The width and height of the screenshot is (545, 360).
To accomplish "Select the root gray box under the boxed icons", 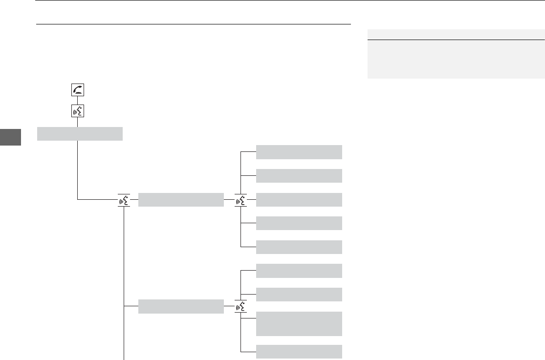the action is pyautogui.click(x=80, y=133).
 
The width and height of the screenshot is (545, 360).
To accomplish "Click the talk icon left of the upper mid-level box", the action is pyautogui.click(x=124, y=200).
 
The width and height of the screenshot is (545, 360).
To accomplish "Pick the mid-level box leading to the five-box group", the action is pyautogui.click(x=181, y=200).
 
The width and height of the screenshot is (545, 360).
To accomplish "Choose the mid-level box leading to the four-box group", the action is pyautogui.click(x=181, y=306).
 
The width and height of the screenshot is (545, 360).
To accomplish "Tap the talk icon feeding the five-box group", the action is pyautogui.click(x=241, y=200).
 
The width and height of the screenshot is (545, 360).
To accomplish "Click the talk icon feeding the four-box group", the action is pyautogui.click(x=241, y=306).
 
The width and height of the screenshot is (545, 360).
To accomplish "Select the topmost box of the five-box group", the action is pyautogui.click(x=299, y=152).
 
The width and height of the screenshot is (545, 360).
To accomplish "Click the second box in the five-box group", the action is pyautogui.click(x=299, y=176).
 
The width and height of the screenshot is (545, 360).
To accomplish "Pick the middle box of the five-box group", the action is pyautogui.click(x=299, y=200).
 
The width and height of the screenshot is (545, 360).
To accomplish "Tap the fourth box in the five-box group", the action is pyautogui.click(x=299, y=223).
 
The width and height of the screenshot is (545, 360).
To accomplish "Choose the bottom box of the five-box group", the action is pyautogui.click(x=299, y=247).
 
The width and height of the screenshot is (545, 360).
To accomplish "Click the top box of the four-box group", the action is pyautogui.click(x=299, y=271).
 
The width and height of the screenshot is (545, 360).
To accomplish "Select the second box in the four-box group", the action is pyautogui.click(x=299, y=295).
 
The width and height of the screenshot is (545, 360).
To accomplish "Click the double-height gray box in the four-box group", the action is pyautogui.click(x=299, y=323).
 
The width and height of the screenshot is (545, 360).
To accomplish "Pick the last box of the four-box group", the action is pyautogui.click(x=299, y=352).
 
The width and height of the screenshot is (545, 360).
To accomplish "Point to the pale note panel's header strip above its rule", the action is pyautogui.click(x=456, y=35).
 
